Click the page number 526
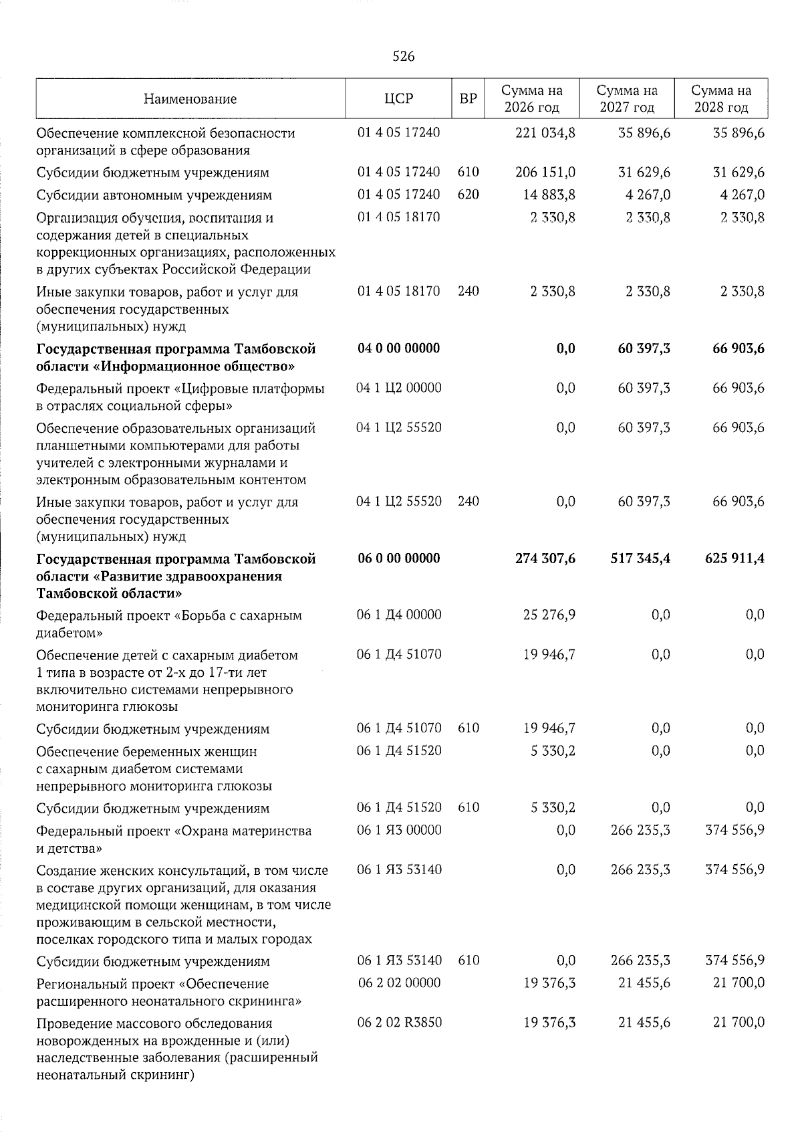point(403,57)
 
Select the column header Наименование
point(190,99)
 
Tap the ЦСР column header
point(399,99)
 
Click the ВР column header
point(469,99)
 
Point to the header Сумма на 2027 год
point(627,99)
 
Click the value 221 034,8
point(546,132)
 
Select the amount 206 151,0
point(546,172)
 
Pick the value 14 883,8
point(550,195)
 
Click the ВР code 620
point(469,195)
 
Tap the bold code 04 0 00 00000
point(399,348)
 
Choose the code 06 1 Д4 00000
point(399,614)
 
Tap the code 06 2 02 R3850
point(399,1022)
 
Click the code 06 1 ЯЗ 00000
point(399,830)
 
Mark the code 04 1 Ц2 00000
point(399,387)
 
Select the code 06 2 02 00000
point(399,983)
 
